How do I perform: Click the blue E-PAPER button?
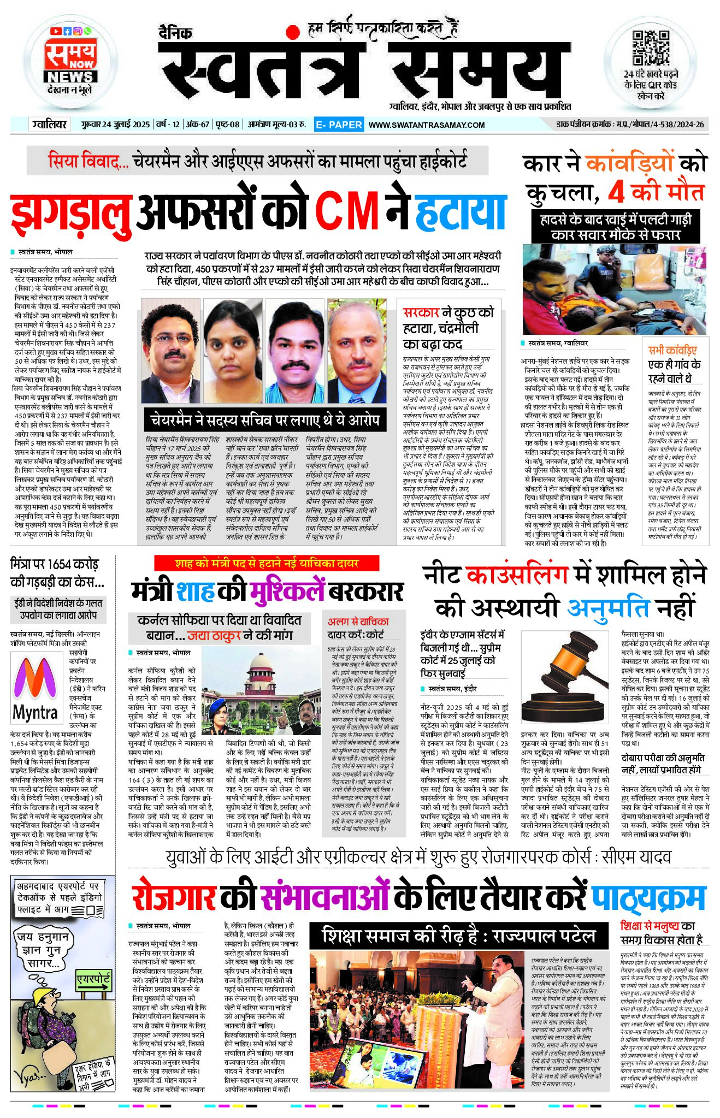pos(339,125)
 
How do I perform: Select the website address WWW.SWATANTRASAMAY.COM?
pos(427,125)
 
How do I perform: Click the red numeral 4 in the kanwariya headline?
pos(616,192)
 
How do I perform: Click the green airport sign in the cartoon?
pos(93,981)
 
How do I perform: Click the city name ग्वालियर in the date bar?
pos(49,125)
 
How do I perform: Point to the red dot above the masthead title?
pos(293,32)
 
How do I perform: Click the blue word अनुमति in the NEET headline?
pos(607,607)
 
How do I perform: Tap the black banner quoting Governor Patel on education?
pos(458,936)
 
